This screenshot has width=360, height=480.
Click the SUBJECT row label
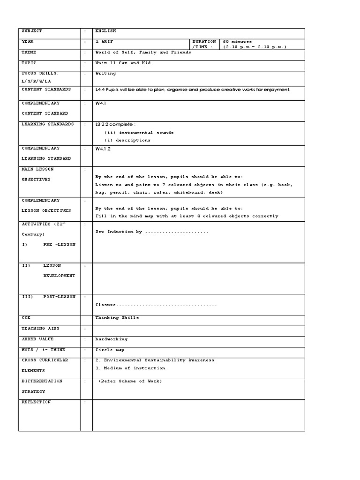pyautogui.click(x=32, y=31)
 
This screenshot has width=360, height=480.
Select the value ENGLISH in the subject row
pyautogui.click(x=105, y=31)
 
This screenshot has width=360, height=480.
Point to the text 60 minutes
pyautogui.click(x=237, y=42)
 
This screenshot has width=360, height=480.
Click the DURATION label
pyautogui.click(x=204, y=42)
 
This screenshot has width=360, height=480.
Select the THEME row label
pyautogui.click(x=29, y=52)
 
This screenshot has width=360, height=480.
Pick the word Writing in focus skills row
pyautogui.click(x=105, y=74)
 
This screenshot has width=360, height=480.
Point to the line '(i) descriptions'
pyautogui.click(x=127, y=140)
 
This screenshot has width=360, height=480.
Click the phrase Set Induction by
pyautogui.click(x=118, y=232)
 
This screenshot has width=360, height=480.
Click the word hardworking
pyautogui.click(x=111, y=339)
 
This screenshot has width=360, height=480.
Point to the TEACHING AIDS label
pyautogui.click(x=41, y=329)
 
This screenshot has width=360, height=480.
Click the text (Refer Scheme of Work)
pyautogui.click(x=130, y=381)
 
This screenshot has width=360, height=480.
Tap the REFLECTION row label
pyautogui.click(x=36, y=402)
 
